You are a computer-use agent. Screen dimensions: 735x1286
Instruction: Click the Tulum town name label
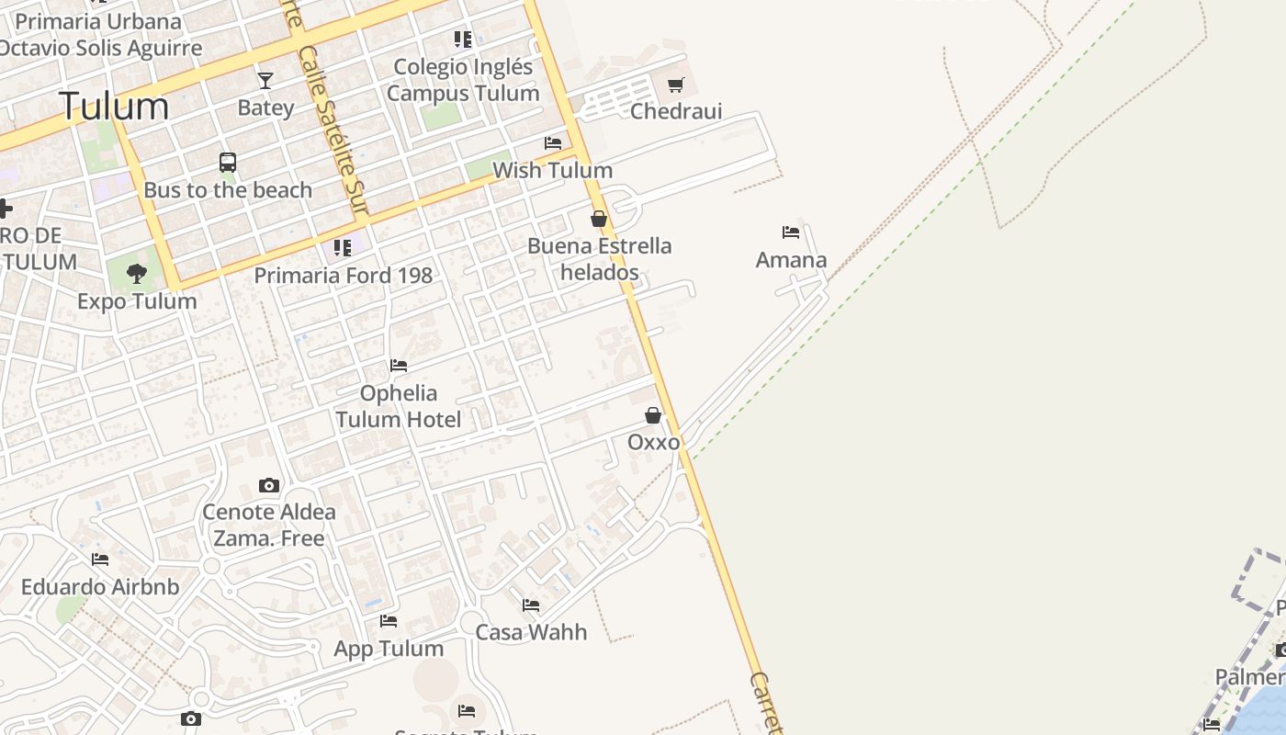114,107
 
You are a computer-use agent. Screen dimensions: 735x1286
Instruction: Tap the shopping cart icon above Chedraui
676,85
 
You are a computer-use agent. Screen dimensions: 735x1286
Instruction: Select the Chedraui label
676,111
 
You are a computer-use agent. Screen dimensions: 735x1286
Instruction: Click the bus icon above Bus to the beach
228,163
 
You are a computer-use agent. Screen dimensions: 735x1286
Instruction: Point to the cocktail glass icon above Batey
265,81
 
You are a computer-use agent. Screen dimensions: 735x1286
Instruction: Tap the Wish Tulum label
552,170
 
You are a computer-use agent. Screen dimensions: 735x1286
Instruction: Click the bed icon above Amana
791,232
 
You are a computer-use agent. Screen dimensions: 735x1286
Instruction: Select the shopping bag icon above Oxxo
653,415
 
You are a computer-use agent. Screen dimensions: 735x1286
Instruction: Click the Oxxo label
654,442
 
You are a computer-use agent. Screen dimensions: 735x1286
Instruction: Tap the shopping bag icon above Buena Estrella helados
599,219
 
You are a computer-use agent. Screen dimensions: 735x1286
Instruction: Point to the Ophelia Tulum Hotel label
399,406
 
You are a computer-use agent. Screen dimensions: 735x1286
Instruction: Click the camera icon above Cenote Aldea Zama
269,485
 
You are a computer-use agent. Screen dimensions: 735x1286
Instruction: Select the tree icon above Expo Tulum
137,273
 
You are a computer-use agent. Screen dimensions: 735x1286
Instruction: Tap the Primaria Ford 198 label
343,275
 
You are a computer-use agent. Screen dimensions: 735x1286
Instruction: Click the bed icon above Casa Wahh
531,605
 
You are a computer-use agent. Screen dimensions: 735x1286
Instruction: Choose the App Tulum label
389,649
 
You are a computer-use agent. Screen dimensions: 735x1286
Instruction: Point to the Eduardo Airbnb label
100,586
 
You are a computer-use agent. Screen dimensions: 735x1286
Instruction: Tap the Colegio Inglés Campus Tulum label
463,80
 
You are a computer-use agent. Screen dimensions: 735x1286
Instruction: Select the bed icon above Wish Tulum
553,143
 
